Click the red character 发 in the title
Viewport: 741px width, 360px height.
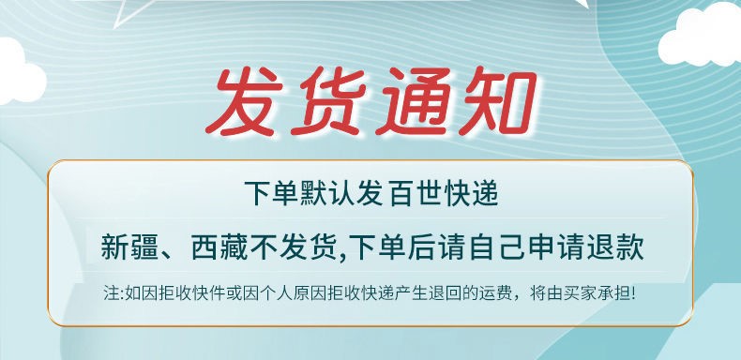click(244, 100)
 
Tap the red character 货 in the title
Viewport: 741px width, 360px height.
click(327, 100)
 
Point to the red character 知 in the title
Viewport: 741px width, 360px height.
click(497, 100)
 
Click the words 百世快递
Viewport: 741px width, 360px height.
click(445, 194)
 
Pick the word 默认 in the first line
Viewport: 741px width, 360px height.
click(328, 194)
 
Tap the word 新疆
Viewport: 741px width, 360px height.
click(129, 247)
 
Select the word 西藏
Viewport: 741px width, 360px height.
click(219, 247)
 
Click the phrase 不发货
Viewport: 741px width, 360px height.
click(295, 247)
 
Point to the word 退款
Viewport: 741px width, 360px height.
click(615, 247)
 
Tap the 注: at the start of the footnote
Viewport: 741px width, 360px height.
click(113, 293)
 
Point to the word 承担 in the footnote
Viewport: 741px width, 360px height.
click(615, 293)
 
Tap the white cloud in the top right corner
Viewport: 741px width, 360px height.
click(701, 34)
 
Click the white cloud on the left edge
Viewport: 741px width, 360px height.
click(20, 71)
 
